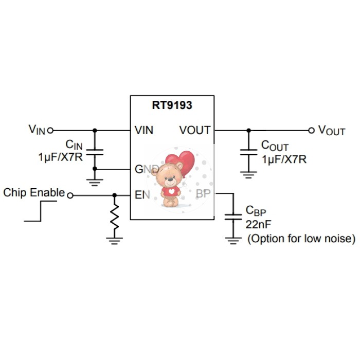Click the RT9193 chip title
[172, 105]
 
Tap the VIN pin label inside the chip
[144, 130]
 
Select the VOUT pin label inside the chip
[195, 130]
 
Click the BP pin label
[203, 194]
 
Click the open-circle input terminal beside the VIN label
[50, 131]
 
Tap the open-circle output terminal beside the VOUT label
[311, 131]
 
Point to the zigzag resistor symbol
[114, 217]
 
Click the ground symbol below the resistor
[114, 238]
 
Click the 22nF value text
[259, 224]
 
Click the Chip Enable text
[34, 193]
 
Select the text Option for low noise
[301, 239]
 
